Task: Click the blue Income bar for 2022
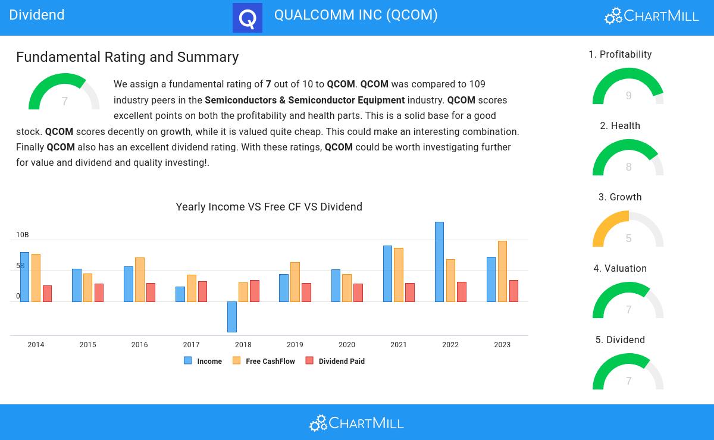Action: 439,262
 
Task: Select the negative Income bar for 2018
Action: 232,316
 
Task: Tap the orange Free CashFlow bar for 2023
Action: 502,271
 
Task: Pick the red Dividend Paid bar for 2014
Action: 47,294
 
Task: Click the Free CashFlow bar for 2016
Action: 140,279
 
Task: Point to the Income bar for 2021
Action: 387,274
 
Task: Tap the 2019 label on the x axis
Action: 295,345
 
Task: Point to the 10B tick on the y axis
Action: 23,235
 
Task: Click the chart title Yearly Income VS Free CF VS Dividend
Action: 269,207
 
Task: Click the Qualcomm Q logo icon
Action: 248,18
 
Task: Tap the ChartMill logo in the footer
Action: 356,423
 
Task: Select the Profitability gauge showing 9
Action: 628,88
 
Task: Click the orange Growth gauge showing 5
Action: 628,231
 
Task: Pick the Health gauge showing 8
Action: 628,159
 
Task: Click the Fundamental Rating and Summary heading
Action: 127,57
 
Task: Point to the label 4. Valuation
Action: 620,269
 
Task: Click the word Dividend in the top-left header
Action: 37,15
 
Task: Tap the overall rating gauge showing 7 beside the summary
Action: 64,93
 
